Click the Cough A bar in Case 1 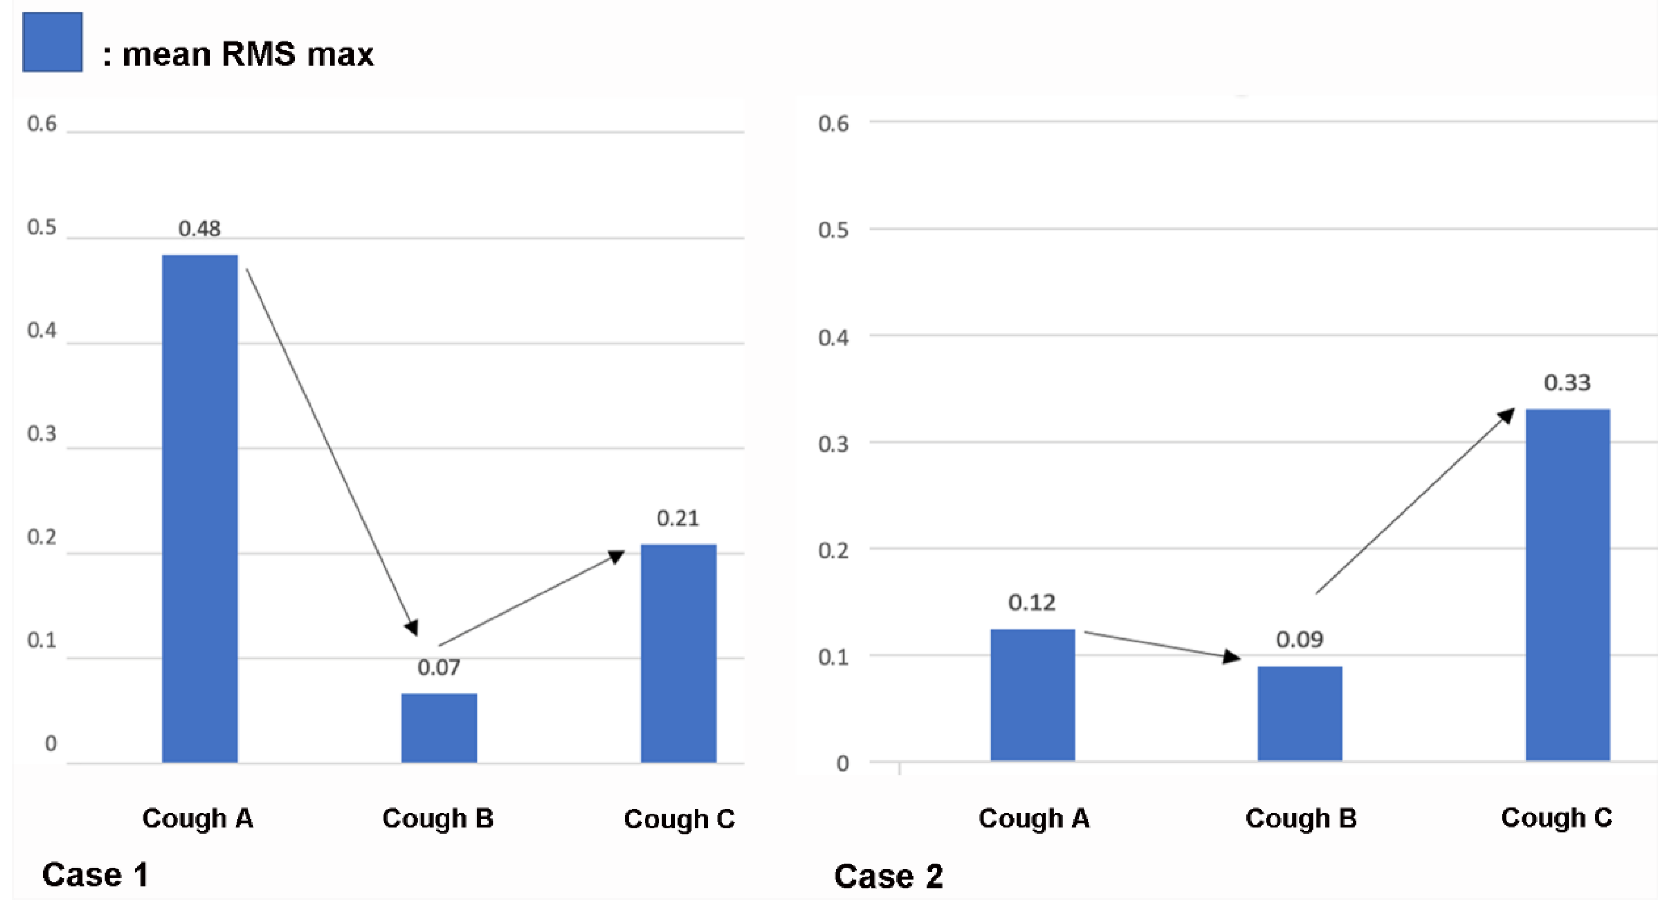point(200,508)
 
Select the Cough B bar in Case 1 point(439,728)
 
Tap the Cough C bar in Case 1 point(678,653)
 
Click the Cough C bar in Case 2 point(1567,585)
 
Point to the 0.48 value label point(200,229)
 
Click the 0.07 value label point(439,667)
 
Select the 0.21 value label point(678,518)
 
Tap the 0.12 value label point(1032,603)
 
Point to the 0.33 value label point(1567,383)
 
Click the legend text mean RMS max point(248,54)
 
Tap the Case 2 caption point(889,876)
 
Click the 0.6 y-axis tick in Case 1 point(42,124)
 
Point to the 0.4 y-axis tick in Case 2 point(833,337)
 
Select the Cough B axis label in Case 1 point(437,818)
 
